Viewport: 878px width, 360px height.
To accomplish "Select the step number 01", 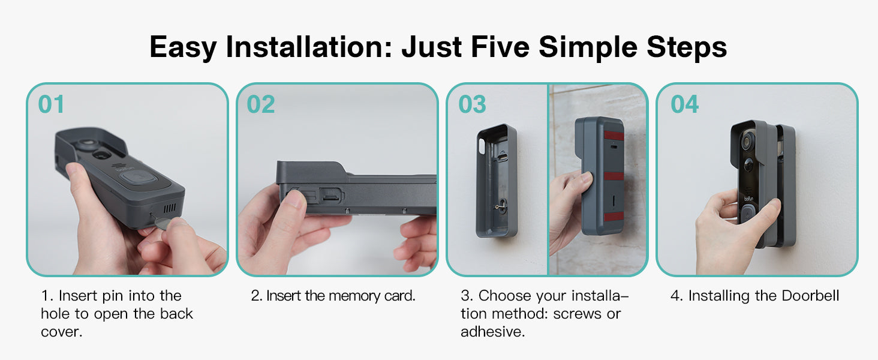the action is point(51,104).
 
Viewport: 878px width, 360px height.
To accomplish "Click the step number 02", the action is point(261,104).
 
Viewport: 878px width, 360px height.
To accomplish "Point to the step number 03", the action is point(472,104).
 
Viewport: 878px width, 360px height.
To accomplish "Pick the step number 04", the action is point(684,104).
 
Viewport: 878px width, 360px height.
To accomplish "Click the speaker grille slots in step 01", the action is point(169,208).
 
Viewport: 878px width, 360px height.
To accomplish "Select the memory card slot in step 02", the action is point(332,196).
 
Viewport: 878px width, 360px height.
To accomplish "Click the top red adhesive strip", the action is point(614,136).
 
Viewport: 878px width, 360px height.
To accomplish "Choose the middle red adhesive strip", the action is point(614,176).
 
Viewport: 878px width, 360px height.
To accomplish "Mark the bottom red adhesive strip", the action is point(614,217).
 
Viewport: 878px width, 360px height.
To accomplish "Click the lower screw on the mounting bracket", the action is point(500,206).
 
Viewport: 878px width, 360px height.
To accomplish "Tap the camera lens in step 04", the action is point(747,140).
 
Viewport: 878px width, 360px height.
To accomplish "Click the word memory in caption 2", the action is point(354,296).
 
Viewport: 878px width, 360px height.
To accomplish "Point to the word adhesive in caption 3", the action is point(492,332).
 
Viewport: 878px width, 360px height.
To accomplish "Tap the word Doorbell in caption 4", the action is point(810,296).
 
